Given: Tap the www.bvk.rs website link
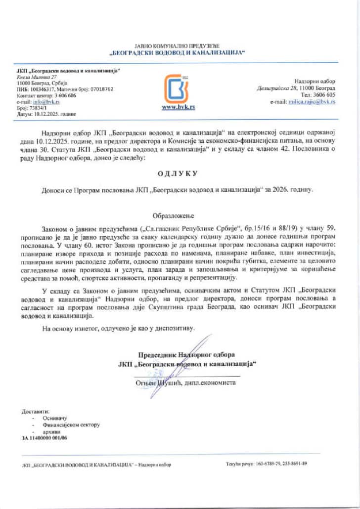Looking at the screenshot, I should pos(178,107).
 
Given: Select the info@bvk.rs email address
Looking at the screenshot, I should pos(51,101).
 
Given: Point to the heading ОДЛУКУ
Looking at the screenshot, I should pos(178,173).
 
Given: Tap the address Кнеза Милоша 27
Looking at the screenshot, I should pos(37,78).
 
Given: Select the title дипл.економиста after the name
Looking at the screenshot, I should pos(211,383).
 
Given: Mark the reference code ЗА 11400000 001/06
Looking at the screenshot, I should pos(45,438).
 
